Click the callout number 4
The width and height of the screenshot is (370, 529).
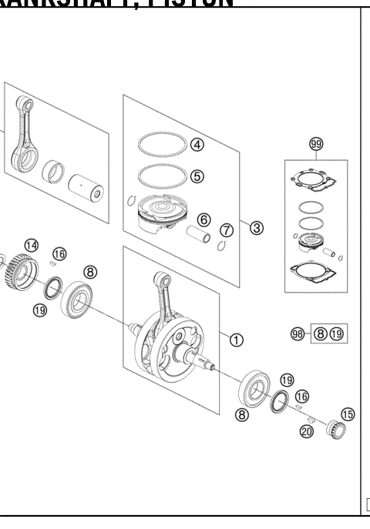(197, 144)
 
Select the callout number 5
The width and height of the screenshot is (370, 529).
(197, 176)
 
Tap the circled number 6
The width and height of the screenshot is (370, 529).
(203, 220)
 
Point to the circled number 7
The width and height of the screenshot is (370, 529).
(226, 230)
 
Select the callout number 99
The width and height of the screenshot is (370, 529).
(315, 145)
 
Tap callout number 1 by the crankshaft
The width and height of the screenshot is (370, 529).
(237, 338)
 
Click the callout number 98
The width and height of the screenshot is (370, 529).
(298, 333)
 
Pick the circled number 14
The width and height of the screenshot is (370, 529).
(30, 245)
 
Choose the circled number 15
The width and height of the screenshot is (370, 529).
(348, 414)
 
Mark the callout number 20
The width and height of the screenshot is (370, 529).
(307, 432)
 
